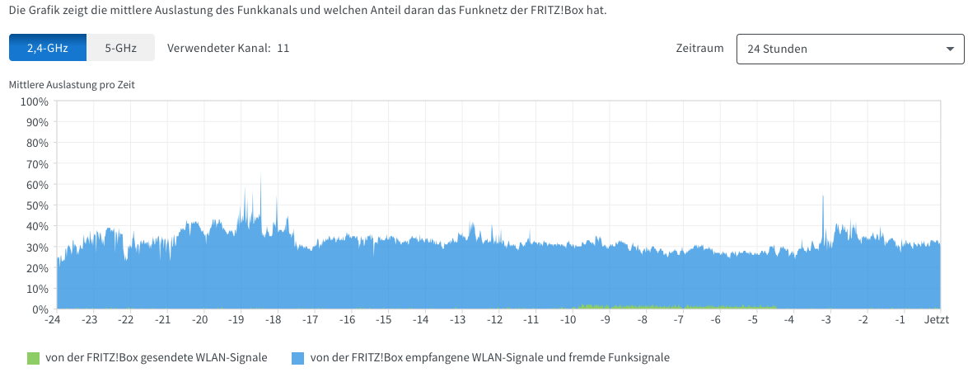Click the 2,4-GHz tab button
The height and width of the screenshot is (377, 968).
point(48,48)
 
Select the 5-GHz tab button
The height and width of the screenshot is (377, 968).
point(120,48)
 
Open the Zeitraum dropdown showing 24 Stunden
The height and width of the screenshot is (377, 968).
point(849,49)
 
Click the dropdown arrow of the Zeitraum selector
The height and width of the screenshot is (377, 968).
point(949,49)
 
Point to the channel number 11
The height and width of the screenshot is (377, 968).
point(283,48)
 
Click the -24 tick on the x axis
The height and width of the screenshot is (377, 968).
point(53,319)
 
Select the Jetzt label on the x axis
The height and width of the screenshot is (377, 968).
point(936,319)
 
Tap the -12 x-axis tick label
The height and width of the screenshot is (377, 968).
point(495,319)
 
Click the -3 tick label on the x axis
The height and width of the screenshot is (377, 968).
point(826,319)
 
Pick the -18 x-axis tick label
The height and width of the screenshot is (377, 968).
point(274,319)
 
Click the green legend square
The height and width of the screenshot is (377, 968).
point(33,357)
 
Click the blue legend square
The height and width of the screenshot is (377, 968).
point(298,357)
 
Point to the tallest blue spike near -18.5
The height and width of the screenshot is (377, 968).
point(260,176)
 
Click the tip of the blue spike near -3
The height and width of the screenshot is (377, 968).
point(823,197)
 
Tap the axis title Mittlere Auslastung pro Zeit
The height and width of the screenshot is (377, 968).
point(71,84)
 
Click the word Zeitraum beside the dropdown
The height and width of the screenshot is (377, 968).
point(699,48)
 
